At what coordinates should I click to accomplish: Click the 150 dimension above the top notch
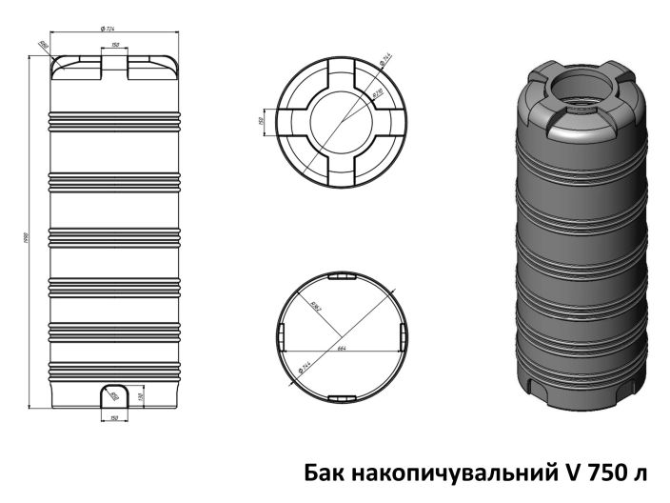point(114,44)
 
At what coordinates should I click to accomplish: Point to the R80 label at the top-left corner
point(43,44)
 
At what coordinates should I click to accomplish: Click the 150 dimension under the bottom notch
point(114,417)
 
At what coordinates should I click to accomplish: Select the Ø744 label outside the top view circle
point(386,59)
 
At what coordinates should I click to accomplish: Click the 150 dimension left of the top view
point(260,120)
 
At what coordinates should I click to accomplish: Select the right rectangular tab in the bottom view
point(404,334)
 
